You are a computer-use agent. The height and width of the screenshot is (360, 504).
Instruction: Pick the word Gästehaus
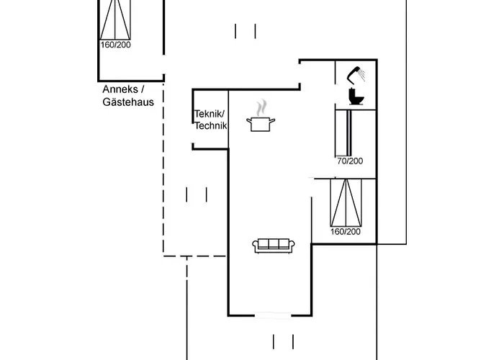tap(128, 102)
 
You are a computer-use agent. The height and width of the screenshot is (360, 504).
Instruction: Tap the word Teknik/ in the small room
tap(210, 114)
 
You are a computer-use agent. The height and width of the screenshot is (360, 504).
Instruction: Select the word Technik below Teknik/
tap(210, 125)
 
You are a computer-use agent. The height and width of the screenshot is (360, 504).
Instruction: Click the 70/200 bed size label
tap(350, 161)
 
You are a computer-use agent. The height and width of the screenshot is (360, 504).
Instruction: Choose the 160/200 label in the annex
tap(115, 45)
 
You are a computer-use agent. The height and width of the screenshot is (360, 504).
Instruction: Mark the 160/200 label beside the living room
tap(345, 232)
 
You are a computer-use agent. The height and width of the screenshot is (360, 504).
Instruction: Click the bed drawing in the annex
tap(115, 19)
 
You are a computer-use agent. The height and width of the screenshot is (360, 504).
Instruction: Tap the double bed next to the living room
tap(345, 202)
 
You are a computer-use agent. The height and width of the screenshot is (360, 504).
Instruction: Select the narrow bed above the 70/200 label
tap(348, 132)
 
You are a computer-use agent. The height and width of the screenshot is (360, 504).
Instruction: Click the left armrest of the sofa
tap(255, 246)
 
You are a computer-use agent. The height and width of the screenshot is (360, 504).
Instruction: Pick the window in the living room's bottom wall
tap(274, 315)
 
